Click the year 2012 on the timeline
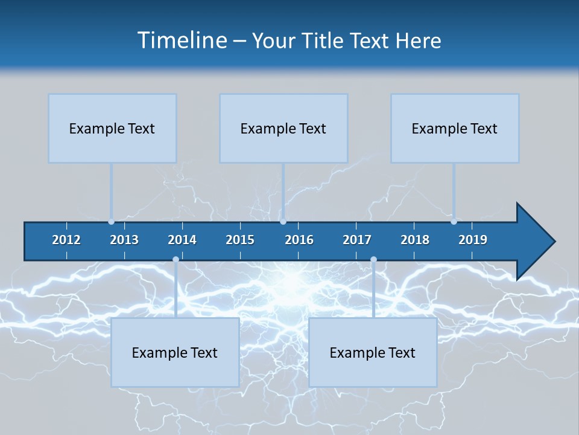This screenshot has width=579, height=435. [66, 240]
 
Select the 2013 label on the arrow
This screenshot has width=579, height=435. [124, 240]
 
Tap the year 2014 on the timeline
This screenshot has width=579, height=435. [182, 240]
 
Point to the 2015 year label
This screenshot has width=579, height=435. [240, 240]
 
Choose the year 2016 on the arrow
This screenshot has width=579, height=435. [299, 240]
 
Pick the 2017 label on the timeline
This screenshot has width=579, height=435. [357, 240]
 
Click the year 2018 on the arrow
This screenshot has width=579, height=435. [415, 240]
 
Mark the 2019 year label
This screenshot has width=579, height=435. [473, 240]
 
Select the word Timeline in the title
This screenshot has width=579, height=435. [182, 40]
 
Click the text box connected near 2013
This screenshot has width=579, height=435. [112, 128]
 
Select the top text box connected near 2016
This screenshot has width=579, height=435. [283, 128]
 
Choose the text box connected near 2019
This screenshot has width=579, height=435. [455, 128]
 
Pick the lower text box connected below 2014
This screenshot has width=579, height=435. [175, 352]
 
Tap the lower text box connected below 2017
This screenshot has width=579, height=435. [373, 352]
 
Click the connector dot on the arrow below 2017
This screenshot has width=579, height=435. [373, 260]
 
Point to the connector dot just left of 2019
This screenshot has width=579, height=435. [454, 222]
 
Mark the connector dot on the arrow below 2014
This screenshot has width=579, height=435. [176, 260]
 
